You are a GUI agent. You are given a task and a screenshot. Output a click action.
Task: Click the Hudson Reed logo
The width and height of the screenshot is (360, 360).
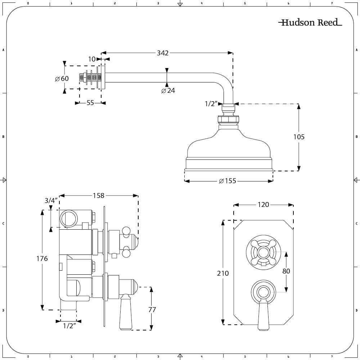[310, 23]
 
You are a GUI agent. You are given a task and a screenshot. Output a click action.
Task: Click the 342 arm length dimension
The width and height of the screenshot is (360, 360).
[163, 53]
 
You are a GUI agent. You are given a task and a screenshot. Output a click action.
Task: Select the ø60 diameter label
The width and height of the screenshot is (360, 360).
[62, 79]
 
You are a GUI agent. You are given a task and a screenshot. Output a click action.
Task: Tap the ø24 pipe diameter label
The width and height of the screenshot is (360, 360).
[168, 90]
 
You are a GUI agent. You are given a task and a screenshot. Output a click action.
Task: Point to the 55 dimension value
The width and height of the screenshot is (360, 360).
[90, 103]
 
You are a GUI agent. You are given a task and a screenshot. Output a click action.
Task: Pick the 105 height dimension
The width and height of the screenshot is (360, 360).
[298, 137]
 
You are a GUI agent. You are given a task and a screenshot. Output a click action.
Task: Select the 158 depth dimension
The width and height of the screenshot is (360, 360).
[98, 195]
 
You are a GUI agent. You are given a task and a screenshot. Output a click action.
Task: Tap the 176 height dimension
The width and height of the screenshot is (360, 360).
[42, 258]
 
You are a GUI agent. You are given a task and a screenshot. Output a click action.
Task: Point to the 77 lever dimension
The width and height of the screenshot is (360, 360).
[152, 309]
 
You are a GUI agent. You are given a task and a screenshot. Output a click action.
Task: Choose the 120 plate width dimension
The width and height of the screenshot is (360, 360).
[263, 204]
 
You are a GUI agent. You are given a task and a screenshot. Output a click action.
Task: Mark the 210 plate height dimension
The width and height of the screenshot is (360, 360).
[223, 273]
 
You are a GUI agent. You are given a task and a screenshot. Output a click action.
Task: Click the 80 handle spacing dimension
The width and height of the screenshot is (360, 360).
[286, 271]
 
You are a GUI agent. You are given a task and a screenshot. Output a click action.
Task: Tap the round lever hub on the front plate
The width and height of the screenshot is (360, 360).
[263, 292]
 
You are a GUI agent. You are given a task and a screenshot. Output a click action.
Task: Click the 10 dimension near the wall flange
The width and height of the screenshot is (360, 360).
[92, 59]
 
